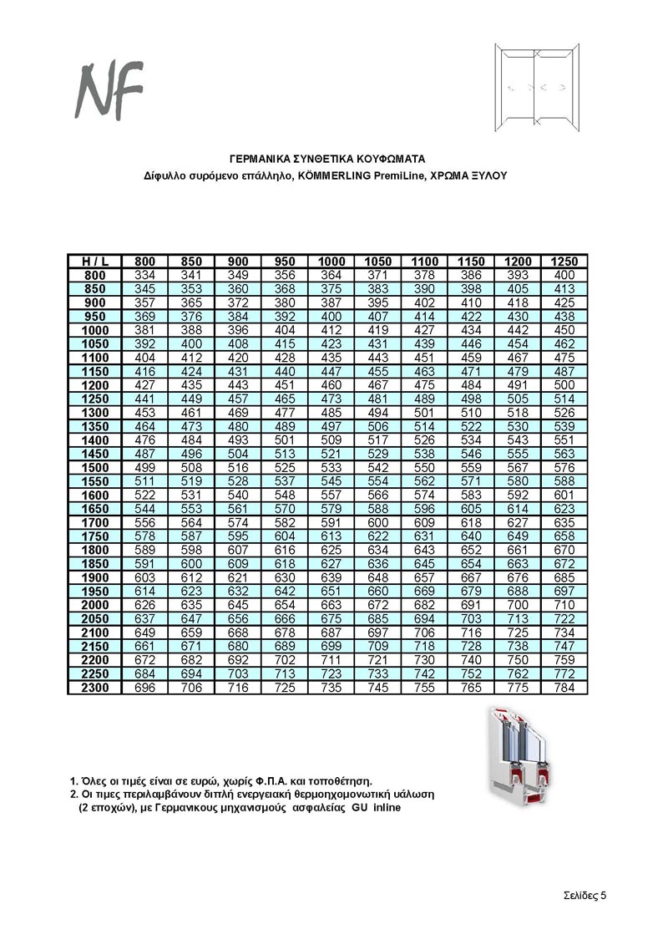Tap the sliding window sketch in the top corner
[x=534, y=88]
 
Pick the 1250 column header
[x=564, y=262]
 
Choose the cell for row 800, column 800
[x=145, y=275]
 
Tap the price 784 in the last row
[x=564, y=688]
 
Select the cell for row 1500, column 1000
[x=331, y=467]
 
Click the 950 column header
[x=285, y=262]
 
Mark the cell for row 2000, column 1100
[x=424, y=604]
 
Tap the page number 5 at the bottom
[x=603, y=894]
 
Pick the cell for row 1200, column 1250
[x=564, y=384]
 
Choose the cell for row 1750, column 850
[x=191, y=536]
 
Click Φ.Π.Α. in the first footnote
[x=281, y=780]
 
